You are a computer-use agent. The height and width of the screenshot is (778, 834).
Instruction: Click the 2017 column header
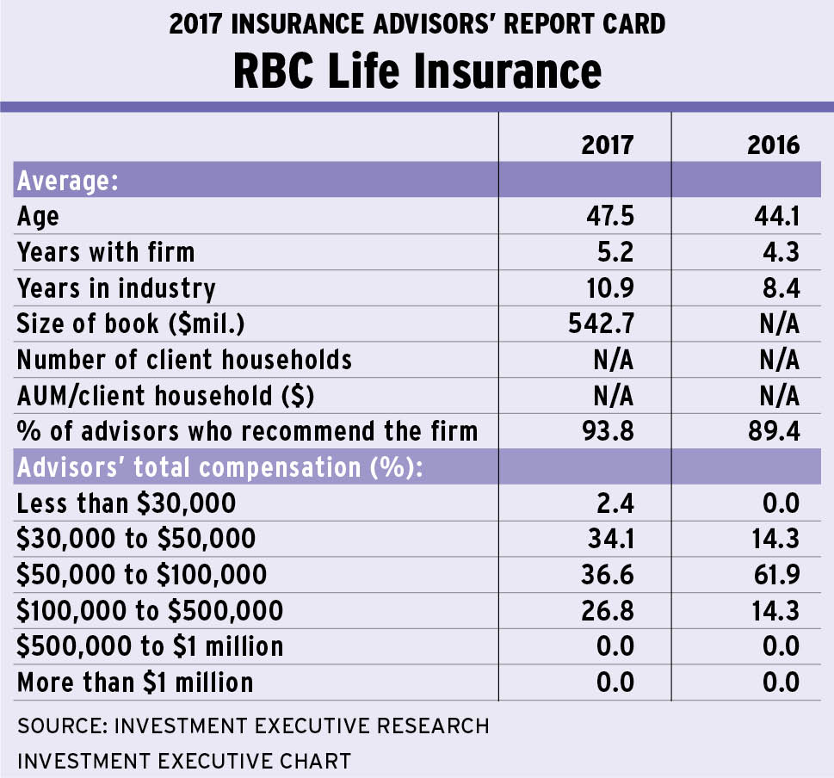[x=608, y=144]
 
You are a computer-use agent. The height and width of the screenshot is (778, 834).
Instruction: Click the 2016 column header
[x=774, y=144]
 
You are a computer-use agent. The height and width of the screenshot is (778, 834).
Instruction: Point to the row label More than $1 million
[x=135, y=682]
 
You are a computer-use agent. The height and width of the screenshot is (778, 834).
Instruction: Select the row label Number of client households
[x=184, y=359]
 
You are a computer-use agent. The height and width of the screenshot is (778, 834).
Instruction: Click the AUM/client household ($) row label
[x=166, y=395]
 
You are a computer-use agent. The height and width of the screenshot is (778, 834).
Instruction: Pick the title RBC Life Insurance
[x=417, y=70]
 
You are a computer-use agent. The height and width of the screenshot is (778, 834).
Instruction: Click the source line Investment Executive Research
[x=253, y=726]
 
